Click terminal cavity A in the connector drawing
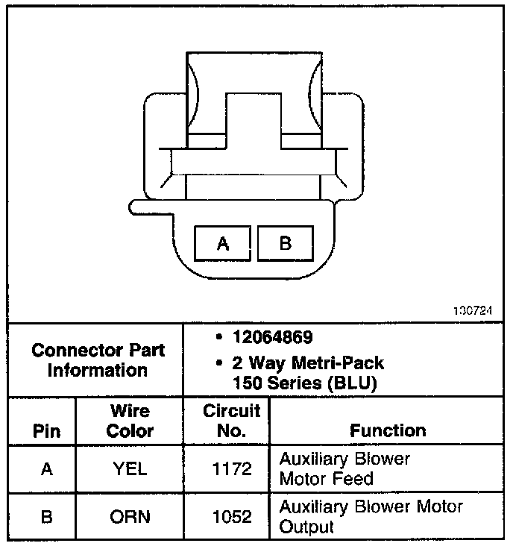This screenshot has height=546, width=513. click(x=222, y=243)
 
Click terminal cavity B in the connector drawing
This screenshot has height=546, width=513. click(x=286, y=243)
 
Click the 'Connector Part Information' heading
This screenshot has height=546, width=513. click(x=98, y=360)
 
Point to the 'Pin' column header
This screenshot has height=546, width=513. click(x=47, y=431)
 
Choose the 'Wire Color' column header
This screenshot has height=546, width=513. click(x=130, y=421)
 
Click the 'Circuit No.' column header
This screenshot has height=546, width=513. click(x=231, y=421)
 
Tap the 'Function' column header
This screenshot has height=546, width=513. click(x=388, y=430)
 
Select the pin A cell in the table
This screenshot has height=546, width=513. click(x=46, y=469)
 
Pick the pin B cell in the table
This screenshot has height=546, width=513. click(x=46, y=517)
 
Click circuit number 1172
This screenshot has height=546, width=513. click(x=232, y=469)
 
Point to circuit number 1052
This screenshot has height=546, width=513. click(x=232, y=517)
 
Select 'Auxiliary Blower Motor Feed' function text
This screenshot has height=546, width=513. click(x=344, y=468)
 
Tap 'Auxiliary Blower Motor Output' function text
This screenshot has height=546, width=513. click(x=371, y=517)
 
